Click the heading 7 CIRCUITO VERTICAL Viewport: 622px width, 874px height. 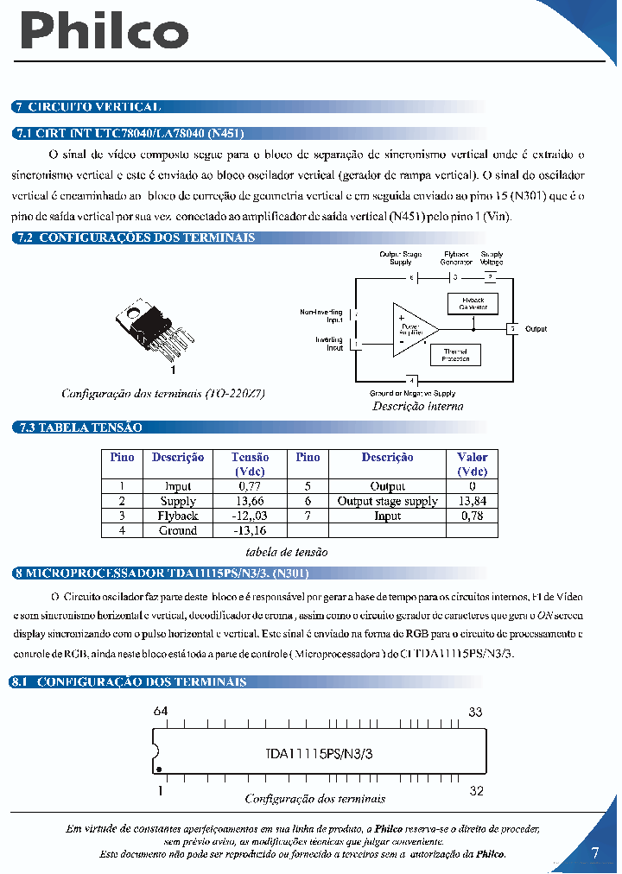click(x=87, y=107)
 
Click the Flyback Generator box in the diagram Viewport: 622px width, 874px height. click(x=473, y=303)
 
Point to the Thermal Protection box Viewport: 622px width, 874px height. click(x=455, y=355)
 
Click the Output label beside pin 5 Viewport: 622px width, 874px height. click(x=536, y=329)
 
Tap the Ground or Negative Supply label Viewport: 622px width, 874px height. click(x=412, y=394)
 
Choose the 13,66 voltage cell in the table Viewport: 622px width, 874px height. click(x=250, y=501)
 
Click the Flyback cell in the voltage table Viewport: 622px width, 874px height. click(x=178, y=516)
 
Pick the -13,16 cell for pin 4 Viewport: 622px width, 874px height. click(x=250, y=530)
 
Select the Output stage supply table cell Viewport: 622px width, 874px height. click(x=387, y=501)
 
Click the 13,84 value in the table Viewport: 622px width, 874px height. click(x=473, y=501)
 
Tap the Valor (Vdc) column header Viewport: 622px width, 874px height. click(x=473, y=465)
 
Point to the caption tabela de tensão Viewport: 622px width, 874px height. click(x=287, y=552)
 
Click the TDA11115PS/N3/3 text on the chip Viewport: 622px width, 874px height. click(x=320, y=753)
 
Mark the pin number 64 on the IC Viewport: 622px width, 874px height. click(x=160, y=712)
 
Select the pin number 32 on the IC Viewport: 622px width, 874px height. click(x=476, y=790)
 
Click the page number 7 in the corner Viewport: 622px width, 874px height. click(x=594, y=853)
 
